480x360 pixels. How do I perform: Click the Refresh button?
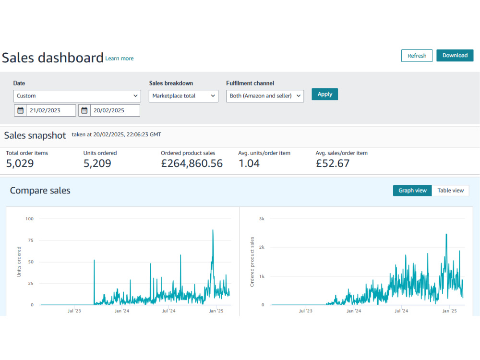click(x=417, y=56)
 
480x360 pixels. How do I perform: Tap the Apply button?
click(x=325, y=94)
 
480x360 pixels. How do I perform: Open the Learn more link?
click(x=120, y=59)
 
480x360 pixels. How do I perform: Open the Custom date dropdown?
click(x=77, y=96)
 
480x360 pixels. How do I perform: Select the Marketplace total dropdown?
click(x=183, y=96)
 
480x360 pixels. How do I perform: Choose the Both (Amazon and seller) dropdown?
click(x=265, y=96)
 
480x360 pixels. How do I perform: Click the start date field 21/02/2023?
click(x=51, y=110)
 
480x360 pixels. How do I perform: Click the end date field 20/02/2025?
click(x=115, y=110)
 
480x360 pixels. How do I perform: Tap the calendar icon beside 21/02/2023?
click(x=20, y=110)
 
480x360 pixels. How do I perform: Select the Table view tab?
click(x=450, y=191)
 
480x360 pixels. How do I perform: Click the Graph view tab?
click(x=412, y=191)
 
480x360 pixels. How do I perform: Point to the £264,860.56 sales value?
click(x=192, y=164)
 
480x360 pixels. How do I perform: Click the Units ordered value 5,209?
click(x=97, y=164)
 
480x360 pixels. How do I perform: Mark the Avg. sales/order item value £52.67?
click(x=333, y=164)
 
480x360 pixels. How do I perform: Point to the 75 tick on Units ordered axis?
click(x=31, y=240)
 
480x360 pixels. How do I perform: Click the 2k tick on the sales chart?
click(x=262, y=247)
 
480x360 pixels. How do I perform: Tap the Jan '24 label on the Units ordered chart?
click(x=122, y=311)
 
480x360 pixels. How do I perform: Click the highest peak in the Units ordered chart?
click(x=213, y=230)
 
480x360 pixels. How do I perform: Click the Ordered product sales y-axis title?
click(x=252, y=262)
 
